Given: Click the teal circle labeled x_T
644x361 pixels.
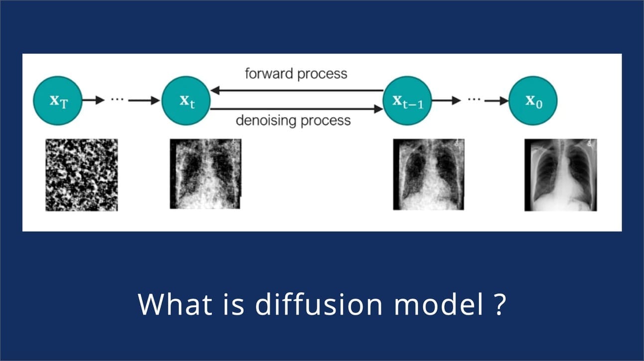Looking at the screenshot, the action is tap(58, 101).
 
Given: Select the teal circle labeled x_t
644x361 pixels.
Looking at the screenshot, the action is tap(186, 101).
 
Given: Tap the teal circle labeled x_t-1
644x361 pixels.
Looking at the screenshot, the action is tap(407, 101).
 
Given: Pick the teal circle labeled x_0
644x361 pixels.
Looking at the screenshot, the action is tap(533, 101).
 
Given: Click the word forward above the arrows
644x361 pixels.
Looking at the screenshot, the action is tap(269, 73).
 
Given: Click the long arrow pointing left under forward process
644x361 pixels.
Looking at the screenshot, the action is tap(297, 90).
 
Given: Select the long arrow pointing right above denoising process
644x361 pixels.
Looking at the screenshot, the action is tap(297, 109).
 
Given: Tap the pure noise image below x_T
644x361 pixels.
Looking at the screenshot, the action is tap(82, 175).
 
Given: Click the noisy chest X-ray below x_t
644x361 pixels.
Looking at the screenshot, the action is tap(205, 174).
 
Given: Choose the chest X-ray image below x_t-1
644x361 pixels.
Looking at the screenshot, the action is tap(429, 175).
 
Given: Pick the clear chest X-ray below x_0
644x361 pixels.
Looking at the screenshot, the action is tap(561, 175).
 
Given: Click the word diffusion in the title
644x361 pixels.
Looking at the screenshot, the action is tap(319, 304).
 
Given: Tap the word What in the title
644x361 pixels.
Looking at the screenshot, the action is tap(175, 304).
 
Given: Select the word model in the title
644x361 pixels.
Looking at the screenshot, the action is tap(439, 304).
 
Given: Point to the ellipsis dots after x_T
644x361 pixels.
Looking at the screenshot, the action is tap(117, 99).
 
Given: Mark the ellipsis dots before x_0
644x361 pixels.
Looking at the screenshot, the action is tap(474, 99).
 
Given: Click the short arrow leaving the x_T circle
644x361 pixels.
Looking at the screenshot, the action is tap(93, 100).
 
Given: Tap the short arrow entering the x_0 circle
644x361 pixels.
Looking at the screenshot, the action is tap(497, 101).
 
